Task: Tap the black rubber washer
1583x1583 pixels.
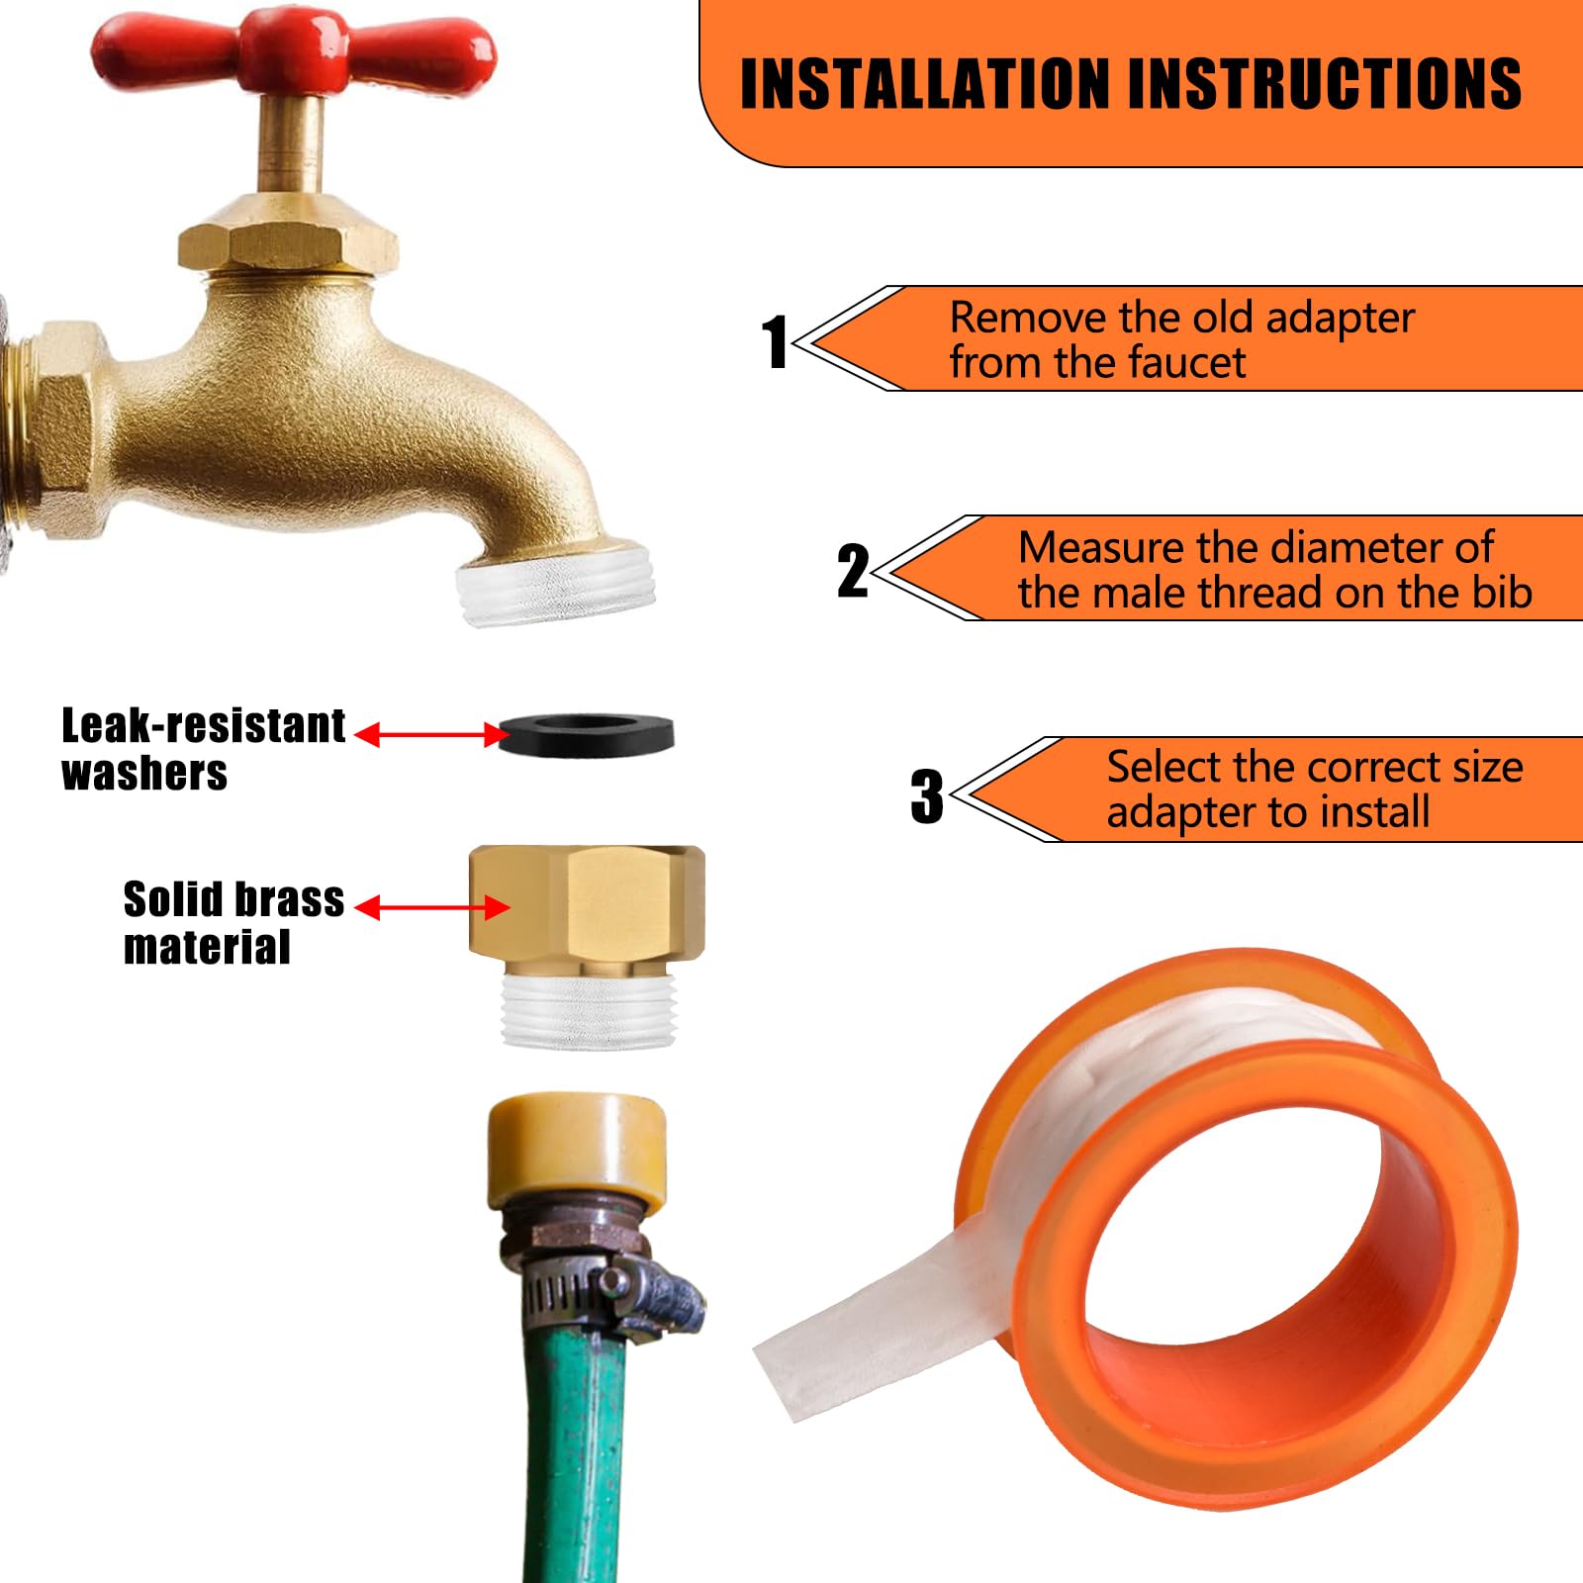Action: click(x=586, y=734)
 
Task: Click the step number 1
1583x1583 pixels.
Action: click(x=775, y=342)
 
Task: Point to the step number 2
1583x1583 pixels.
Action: click(x=853, y=571)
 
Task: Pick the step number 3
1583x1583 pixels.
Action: click(x=927, y=796)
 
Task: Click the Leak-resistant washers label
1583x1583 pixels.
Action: click(x=203, y=749)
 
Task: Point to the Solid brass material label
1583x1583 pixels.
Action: click(x=233, y=922)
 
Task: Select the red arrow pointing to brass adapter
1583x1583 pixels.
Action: click(x=431, y=907)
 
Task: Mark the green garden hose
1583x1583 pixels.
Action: click(x=574, y=1464)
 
